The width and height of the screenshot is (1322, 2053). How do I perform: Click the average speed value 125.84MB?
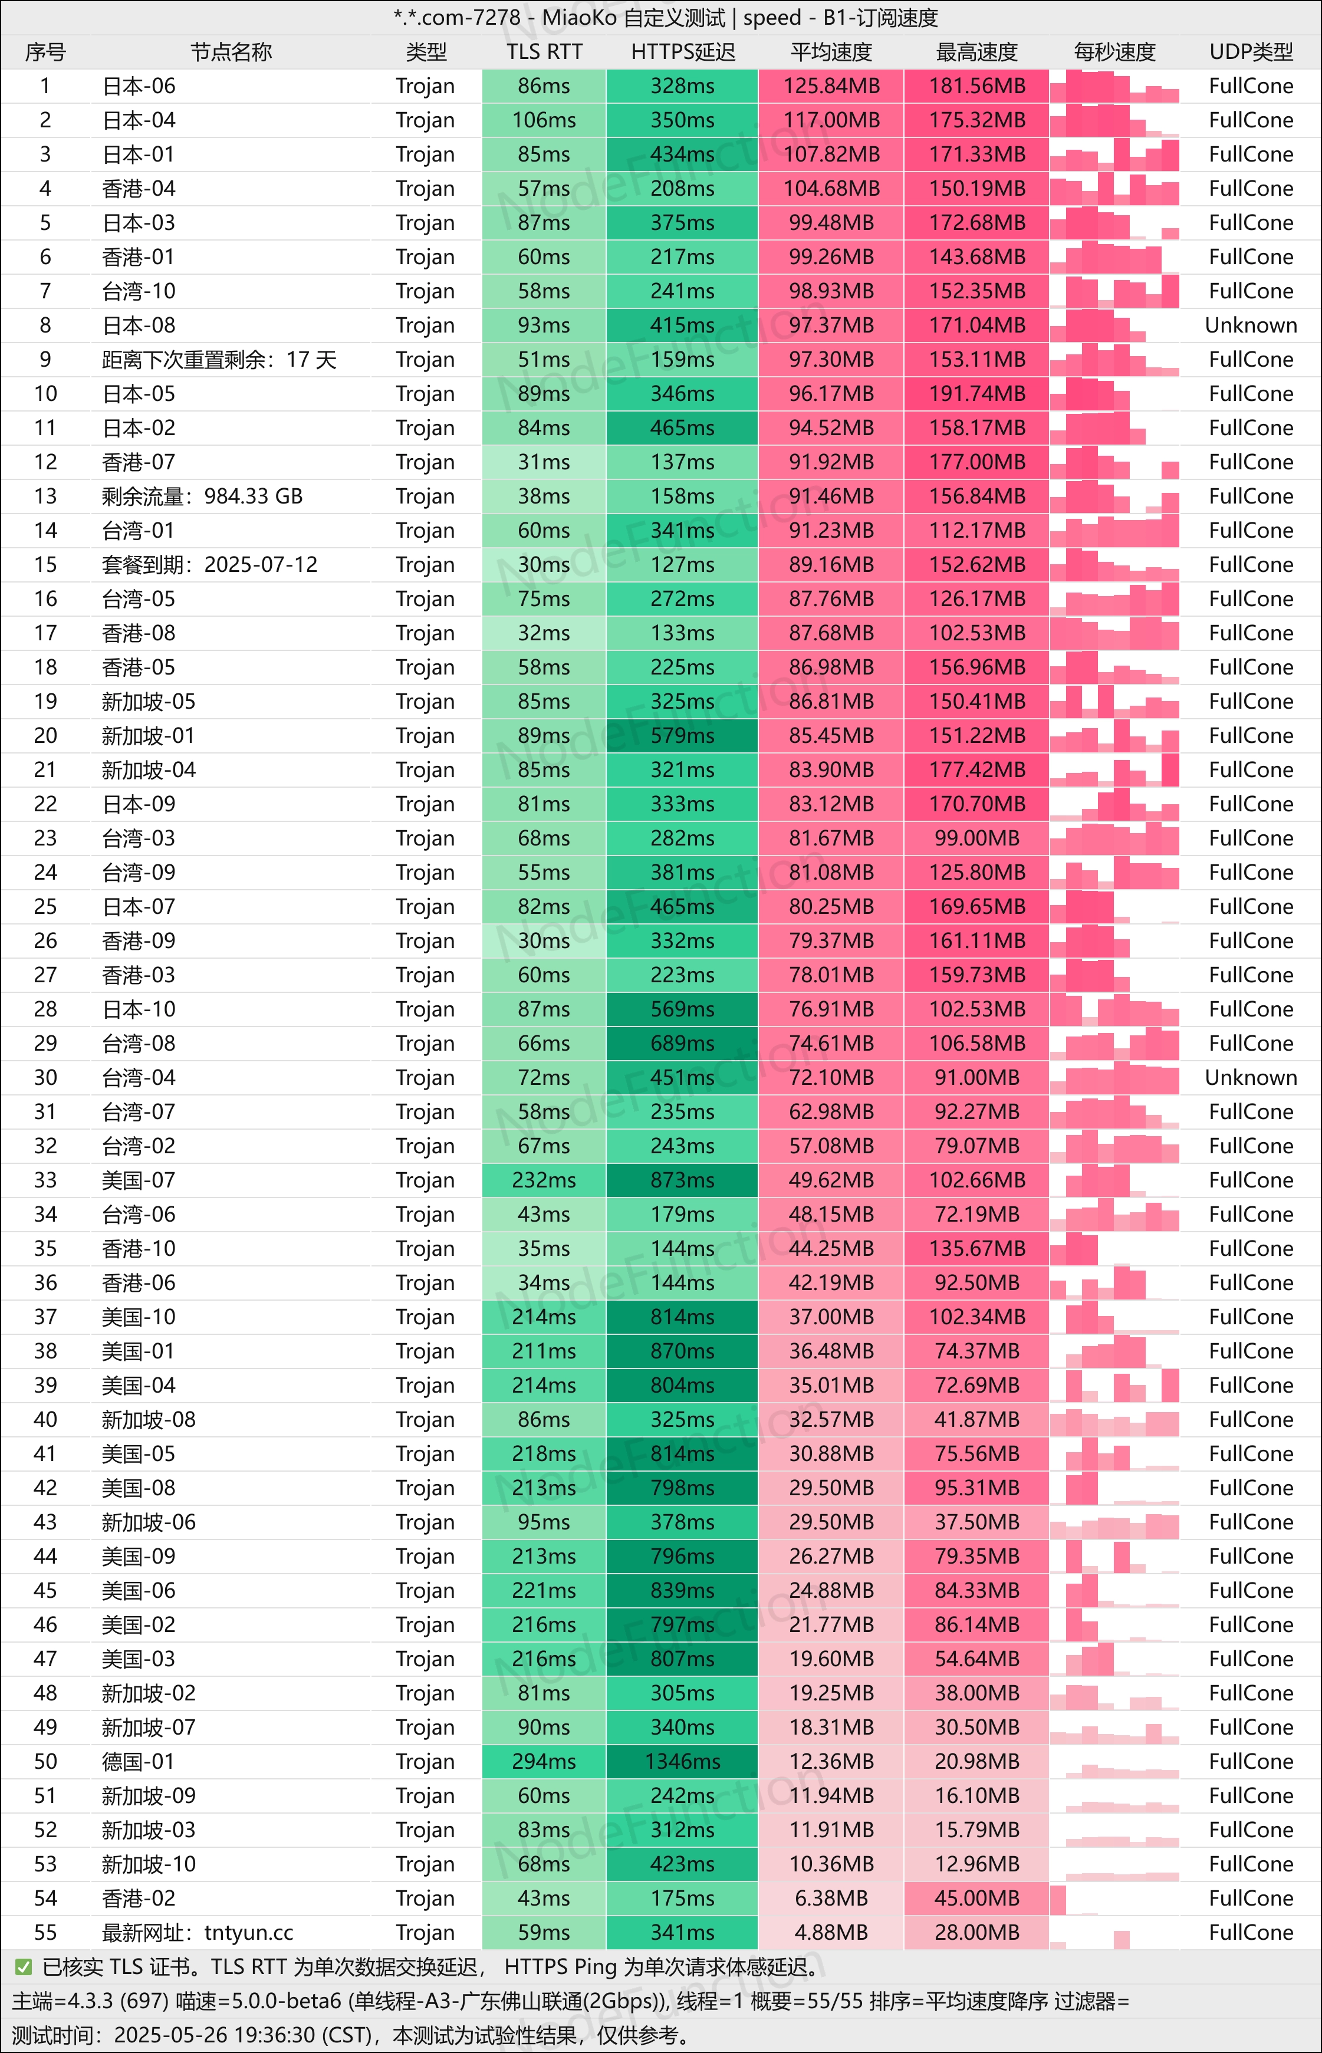tap(830, 86)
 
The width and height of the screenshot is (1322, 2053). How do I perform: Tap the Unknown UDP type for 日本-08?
tap(1251, 325)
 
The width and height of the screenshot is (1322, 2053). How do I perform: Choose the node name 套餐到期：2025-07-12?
tap(209, 565)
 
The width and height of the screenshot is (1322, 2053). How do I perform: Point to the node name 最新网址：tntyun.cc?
tap(198, 1933)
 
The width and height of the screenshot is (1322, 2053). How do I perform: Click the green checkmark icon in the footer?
tap(23, 1967)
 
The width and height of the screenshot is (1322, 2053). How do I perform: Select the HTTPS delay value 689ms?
tap(682, 1044)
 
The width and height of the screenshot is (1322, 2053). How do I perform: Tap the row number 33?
tap(45, 1180)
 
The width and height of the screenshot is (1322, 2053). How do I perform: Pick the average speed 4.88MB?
tap(830, 1933)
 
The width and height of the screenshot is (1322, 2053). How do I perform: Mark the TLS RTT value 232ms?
tap(544, 1180)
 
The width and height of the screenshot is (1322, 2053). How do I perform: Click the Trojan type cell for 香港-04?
tap(425, 189)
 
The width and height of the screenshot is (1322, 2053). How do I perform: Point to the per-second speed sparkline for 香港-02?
tap(1114, 1899)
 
